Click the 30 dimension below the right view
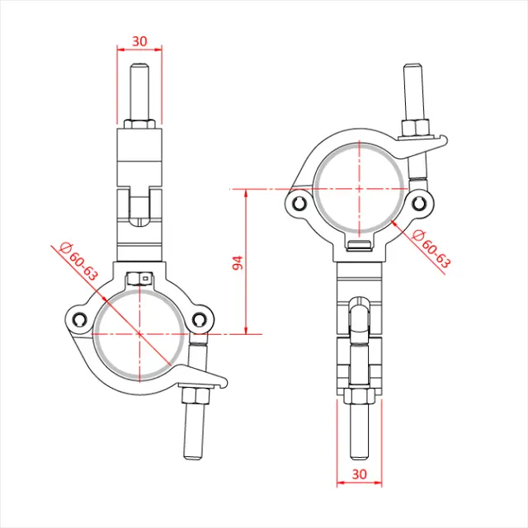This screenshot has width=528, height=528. (360, 474)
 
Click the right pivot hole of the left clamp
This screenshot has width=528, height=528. (198, 321)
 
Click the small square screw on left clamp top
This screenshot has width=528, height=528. (144, 278)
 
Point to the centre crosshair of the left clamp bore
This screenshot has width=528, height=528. (139, 334)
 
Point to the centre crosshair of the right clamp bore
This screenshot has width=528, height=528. (360, 187)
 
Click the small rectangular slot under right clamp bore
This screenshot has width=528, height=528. (360, 245)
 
